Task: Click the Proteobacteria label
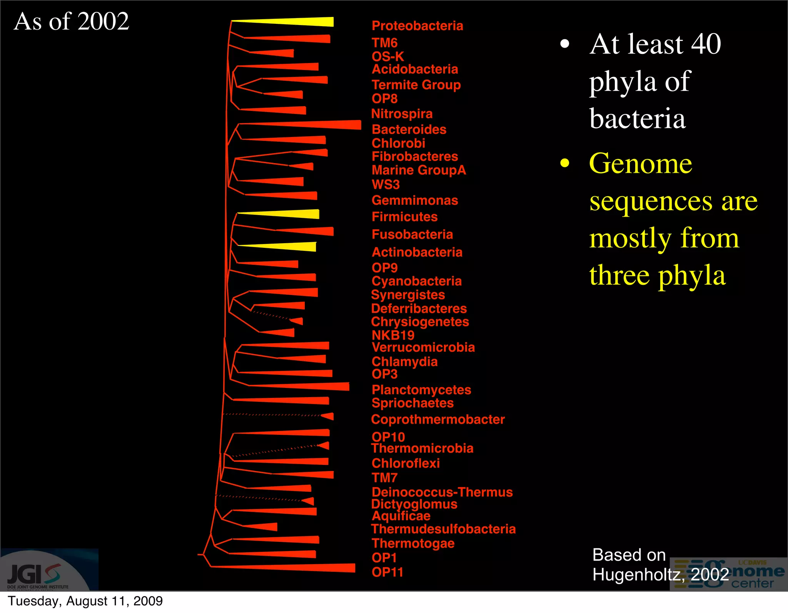pos(417,26)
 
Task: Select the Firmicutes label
pos(404,217)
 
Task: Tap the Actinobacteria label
pos(417,252)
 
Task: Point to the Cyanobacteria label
pos(416,281)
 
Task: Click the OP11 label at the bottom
pos(387,572)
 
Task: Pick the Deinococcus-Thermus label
pos(442,492)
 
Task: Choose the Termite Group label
pos(416,85)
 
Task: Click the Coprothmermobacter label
pos(437,419)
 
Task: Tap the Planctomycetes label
pos(421,390)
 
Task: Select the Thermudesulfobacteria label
pos(443,529)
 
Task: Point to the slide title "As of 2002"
pos(72,21)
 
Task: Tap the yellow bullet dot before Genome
pos(564,163)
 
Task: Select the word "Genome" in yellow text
pos(641,163)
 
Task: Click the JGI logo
pos(35,573)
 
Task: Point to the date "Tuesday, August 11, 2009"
pos(85,601)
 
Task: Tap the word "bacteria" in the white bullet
pos(637,119)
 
